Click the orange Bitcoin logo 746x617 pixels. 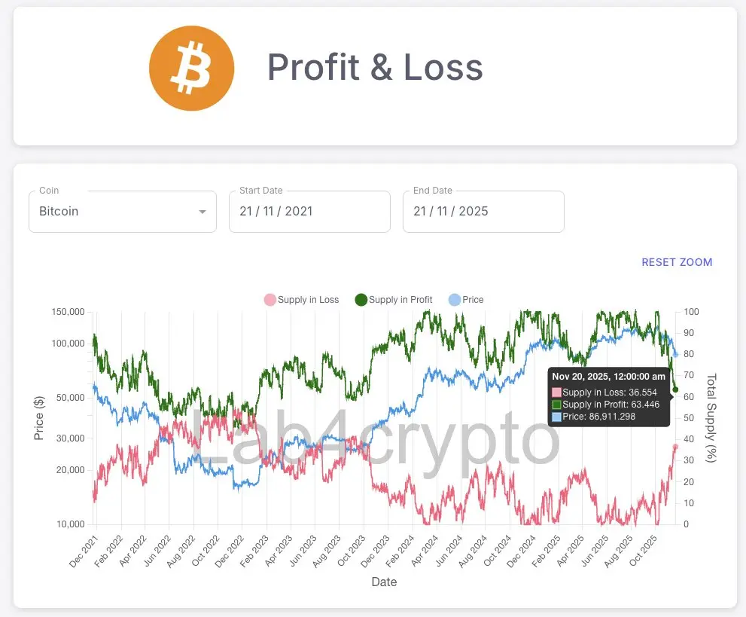pos(192,69)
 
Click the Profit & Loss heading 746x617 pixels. pos(375,68)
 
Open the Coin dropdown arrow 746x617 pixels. pos(202,212)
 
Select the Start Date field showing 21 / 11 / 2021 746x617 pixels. pos(309,212)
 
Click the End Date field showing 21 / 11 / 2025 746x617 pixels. pos(483,212)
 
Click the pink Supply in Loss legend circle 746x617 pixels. pos(269,300)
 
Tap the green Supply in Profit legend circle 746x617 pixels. pos(361,300)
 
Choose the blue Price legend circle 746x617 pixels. pos(454,300)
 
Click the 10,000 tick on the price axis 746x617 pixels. pos(68,524)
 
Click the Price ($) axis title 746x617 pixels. pos(39,418)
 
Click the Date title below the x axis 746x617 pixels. pos(384,582)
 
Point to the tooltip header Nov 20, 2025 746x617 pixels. pos(608,376)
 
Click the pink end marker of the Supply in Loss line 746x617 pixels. pos(675,447)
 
